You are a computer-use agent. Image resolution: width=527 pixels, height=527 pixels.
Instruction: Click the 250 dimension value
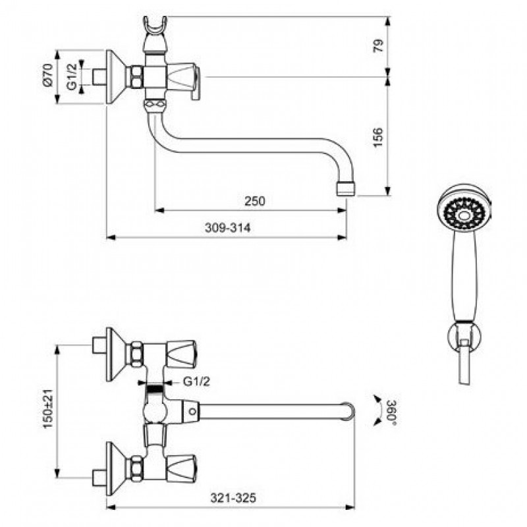[x=255, y=201]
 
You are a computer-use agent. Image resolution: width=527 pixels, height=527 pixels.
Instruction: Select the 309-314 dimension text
[x=228, y=228]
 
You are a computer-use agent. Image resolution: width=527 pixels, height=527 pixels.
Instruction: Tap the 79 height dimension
[x=379, y=45]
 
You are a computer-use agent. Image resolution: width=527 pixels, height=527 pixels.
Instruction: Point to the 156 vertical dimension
[x=378, y=137]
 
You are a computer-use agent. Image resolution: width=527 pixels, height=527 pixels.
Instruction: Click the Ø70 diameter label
[x=47, y=75]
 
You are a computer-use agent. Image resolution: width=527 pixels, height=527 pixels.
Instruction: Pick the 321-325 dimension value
[x=233, y=498]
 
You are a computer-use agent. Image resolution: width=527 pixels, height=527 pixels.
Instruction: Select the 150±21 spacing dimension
[x=48, y=408]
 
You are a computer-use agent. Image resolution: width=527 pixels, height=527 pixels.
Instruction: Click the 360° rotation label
[x=392, y=413]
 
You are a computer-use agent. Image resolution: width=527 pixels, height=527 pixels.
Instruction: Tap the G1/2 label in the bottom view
[x=196, y=381]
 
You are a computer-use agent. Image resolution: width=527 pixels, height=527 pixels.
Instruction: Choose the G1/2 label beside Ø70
[x=72, y=76]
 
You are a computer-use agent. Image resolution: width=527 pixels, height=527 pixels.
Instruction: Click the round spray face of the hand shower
[x=464, y=214]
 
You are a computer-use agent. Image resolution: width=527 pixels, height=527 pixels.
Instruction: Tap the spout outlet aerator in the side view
[x=345, y=188]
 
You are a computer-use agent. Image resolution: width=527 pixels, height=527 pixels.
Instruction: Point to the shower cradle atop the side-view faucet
[x=155, y=34]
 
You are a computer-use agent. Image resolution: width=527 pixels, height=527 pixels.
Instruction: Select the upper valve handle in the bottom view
[x=182, y=354]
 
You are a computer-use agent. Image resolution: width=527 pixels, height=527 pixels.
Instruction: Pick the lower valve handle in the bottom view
[x=182, y=468]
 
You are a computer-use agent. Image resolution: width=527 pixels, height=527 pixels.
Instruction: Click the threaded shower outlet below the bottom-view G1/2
[x=155, y=390]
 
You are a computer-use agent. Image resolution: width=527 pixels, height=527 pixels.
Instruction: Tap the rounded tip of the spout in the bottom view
[x=350, y=410]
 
